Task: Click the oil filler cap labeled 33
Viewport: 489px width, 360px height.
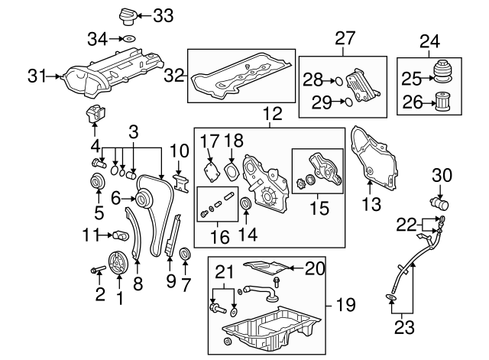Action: (x=125, y=15)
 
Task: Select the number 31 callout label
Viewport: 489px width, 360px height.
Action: (x=37, y=76)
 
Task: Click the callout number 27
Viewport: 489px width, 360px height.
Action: (x=345, y=38)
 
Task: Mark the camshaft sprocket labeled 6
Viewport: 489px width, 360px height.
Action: (x=142, y=199)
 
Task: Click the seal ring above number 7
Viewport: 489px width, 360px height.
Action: (x=185, y=254)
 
